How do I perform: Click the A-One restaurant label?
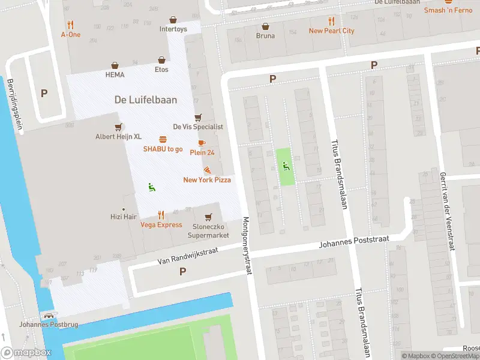[x=71, y=34]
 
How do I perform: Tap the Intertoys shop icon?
[x=173, y=20]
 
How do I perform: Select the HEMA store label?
[x=115, y=74]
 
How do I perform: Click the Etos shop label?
[x=161, y=70]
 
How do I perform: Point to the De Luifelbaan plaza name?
[x=146, y=100]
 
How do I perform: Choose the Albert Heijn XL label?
[x=118, y=136]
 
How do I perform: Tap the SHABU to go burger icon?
[x=163, y=139]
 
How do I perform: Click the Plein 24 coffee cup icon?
[x=201, y=143]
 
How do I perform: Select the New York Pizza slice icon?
[x=207, y=170]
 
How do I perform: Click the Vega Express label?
[x=161, y=225]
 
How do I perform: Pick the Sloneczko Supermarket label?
[x=208, y=231]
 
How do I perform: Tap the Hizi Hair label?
[x=124, y=217]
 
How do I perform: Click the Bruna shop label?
[x=265, y=35]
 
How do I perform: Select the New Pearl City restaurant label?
[x=331, y=31]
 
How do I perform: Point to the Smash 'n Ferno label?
[x=448, y=10]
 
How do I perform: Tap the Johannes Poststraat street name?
[x=353, y=242]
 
